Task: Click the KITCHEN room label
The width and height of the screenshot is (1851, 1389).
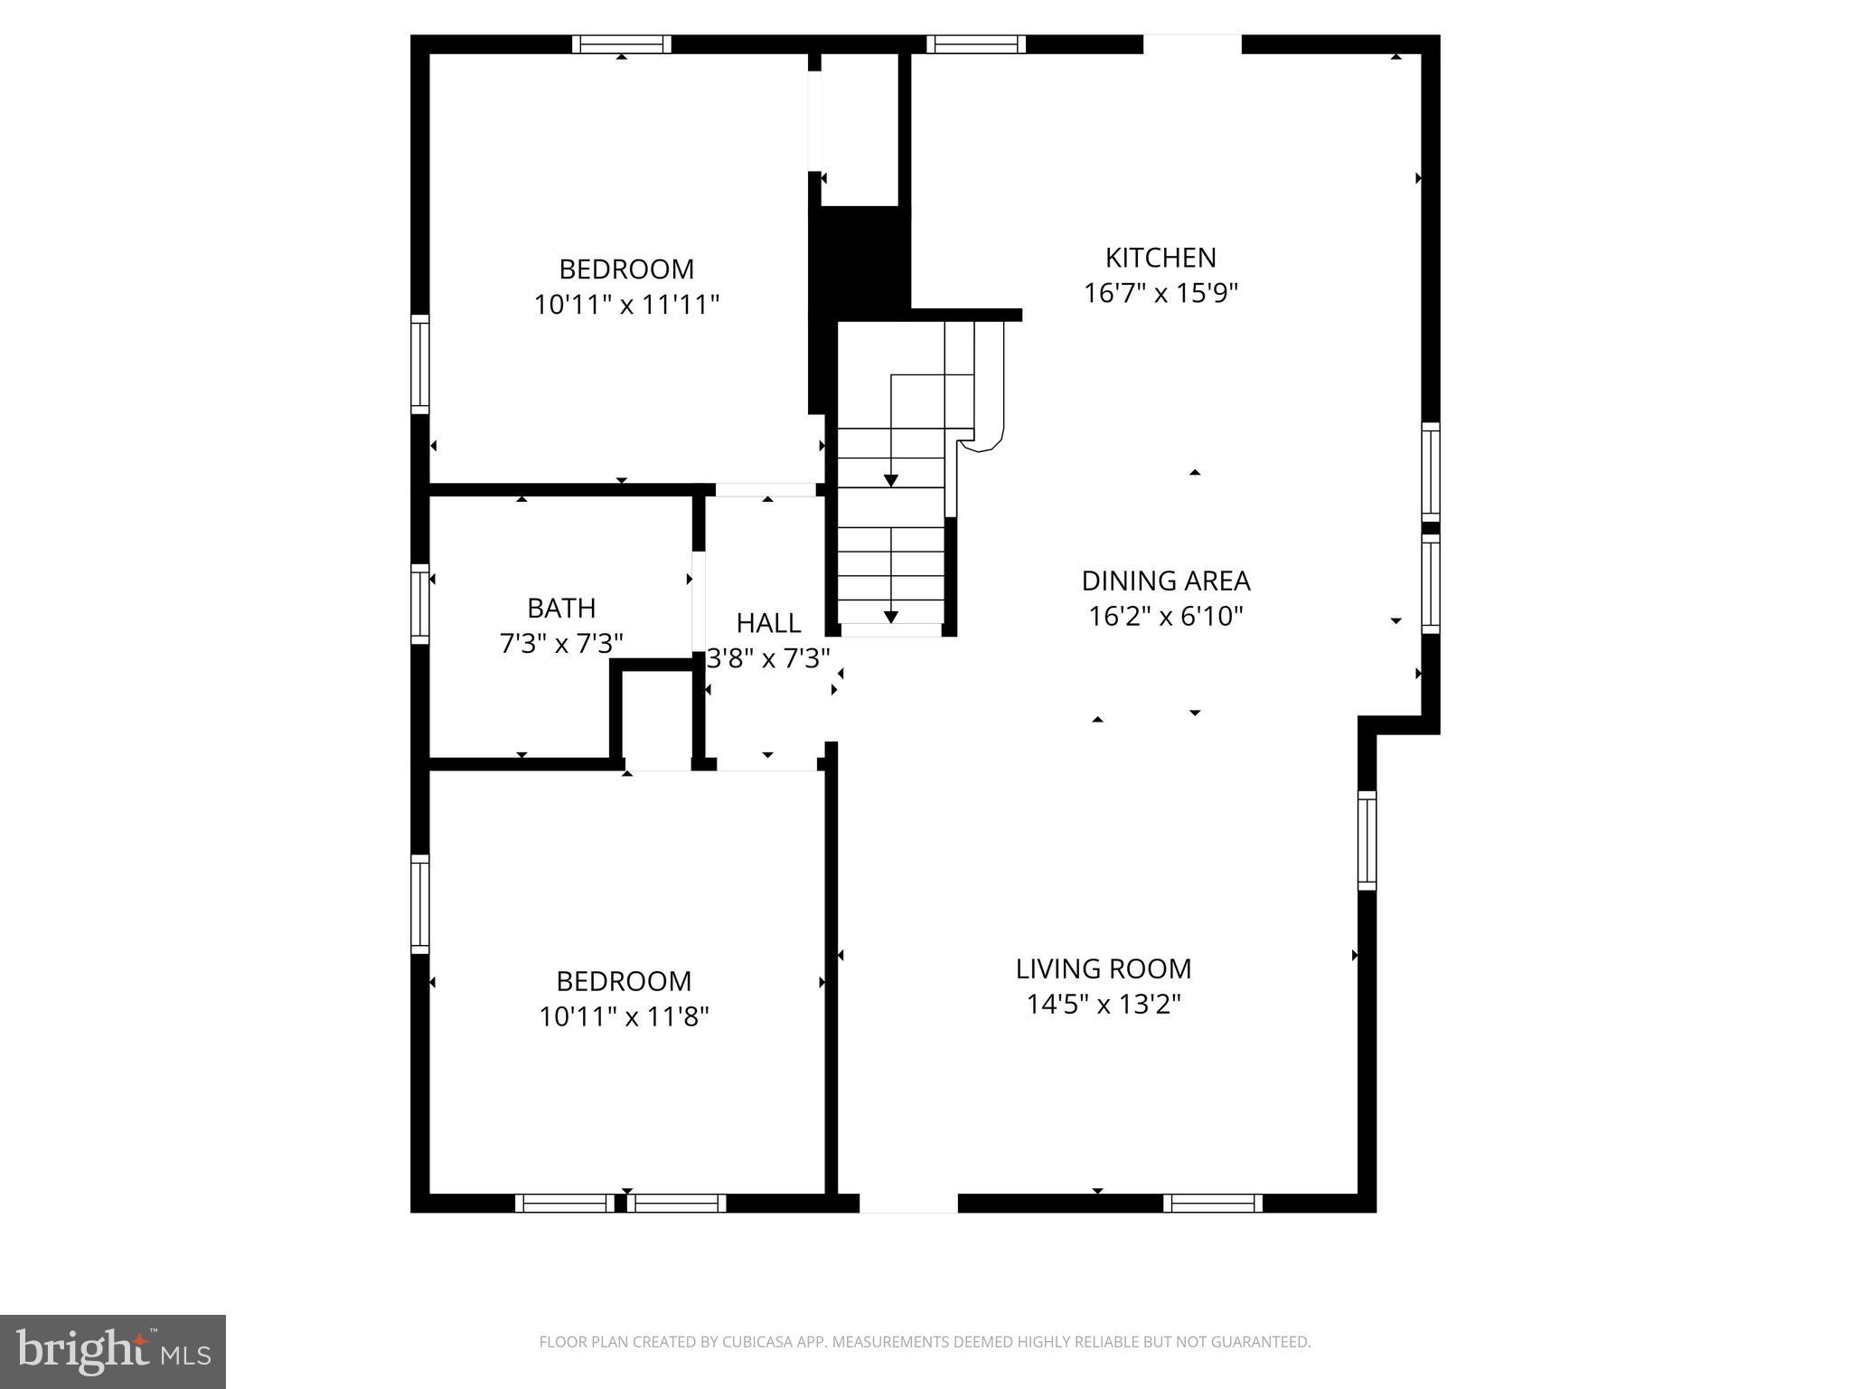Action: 1160,259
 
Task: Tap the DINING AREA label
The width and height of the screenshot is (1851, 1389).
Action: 1165,581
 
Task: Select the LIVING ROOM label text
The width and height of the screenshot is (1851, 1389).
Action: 1103,969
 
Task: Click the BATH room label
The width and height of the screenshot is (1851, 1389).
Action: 561,608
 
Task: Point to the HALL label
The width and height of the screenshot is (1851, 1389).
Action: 768,623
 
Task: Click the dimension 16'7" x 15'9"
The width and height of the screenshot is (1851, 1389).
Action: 1160,294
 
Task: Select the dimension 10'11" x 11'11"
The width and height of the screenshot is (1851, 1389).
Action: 626,305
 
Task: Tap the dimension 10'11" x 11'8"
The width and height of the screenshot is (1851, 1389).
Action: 624,1017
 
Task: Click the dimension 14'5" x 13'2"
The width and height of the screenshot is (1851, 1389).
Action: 1104,1005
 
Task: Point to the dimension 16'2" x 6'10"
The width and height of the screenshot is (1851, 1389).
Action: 1165,617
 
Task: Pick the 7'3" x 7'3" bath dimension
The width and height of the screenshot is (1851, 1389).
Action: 561,644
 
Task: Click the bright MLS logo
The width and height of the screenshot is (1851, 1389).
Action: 112,1351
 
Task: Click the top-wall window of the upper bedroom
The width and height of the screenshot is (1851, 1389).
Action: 622,44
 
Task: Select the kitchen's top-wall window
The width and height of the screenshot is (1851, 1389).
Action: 976,44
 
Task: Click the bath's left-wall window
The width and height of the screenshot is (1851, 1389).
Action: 420,603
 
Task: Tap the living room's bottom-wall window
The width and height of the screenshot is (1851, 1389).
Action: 1212,1203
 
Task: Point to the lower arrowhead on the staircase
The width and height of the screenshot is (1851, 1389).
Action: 891,617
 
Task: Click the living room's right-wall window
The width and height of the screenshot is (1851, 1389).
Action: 1367,840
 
